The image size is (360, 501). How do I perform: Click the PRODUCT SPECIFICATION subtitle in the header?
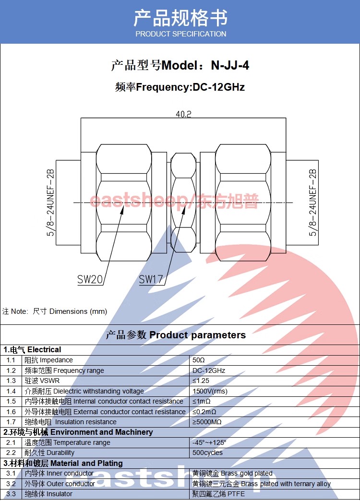click(x=180, y=34)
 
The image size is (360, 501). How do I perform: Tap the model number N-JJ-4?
click(x=230, y=65)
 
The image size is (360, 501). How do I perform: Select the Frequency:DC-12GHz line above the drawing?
click(x=180, y=87)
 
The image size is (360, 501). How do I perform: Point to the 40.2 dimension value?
click(x=183, y=114)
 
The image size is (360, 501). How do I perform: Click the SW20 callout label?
click(x=90, y=279)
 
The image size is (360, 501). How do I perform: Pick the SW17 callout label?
click(x=151, y=279)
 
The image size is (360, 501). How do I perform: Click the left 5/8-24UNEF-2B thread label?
click(x=50, y=202)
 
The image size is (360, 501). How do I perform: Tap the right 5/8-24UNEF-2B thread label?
click(x=313, y=202)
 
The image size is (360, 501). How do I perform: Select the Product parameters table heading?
click(x=176, y=335)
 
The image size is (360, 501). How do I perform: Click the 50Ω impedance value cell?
click(x=199, y=360)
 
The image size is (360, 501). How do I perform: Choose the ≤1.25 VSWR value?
click(x=201, y=381)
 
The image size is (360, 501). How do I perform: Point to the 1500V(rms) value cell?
click(x=210, y=391)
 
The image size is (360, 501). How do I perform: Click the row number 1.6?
click(x=11, y=412)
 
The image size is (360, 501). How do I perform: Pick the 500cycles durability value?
click(x=207, y=453)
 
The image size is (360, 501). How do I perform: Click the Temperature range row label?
click(x=67, y=442)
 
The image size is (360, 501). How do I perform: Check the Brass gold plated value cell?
click(x=232, y=473)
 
